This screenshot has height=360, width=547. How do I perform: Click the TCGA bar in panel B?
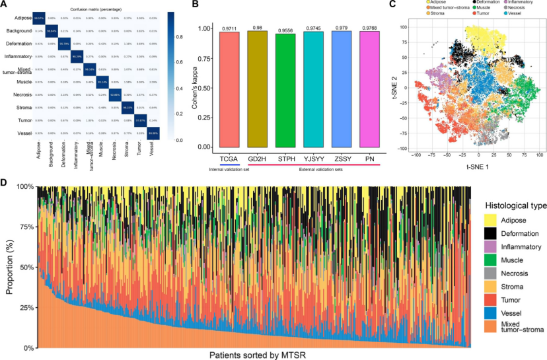coord(229,89)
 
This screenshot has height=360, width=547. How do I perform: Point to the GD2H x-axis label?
coord(258,159)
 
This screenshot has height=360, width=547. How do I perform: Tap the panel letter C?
coord(392,6)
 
